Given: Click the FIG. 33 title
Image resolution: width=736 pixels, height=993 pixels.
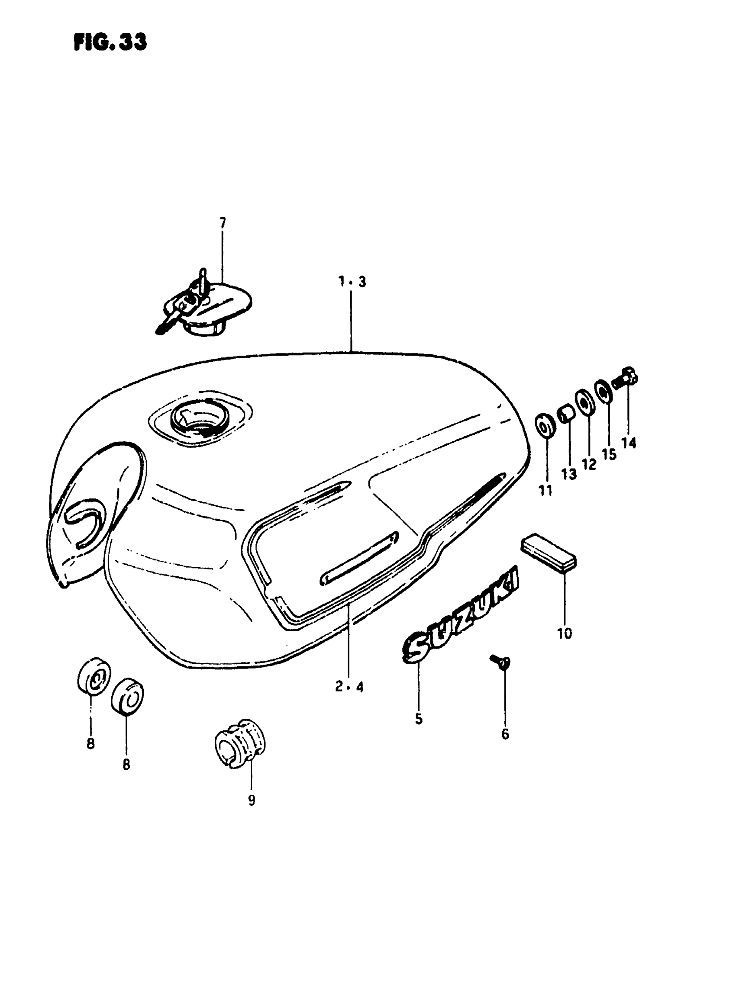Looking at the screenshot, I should coord(110,42).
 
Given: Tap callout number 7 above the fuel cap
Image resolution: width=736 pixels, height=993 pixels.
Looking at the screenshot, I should coord(222,223).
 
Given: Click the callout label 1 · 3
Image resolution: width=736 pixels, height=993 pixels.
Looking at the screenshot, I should coord(352,281).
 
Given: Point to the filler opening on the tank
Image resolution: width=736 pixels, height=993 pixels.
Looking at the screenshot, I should coord(200,421).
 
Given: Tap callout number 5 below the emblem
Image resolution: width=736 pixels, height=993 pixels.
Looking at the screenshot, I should coord(418,719).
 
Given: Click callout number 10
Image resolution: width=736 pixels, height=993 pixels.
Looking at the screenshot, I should coord(565,633).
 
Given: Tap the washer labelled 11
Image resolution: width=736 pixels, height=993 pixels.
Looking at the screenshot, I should coord(545,427).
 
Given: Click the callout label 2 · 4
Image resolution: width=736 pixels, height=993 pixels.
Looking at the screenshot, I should coord(349,687).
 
